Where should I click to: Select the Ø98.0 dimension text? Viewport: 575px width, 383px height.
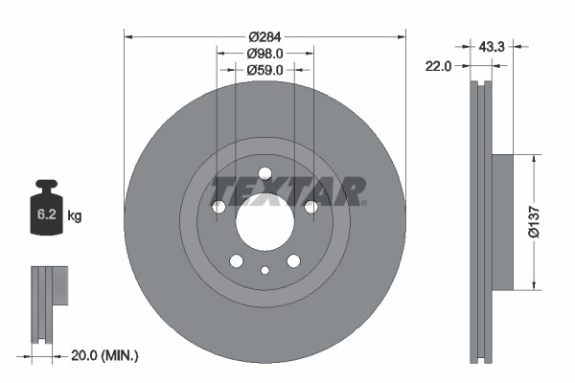pyautogui.click(x=264, y=53)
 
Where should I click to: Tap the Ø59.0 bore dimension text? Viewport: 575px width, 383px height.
pyautogui.click(x=264, y=69)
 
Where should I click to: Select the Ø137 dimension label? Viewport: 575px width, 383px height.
pyautogui.click(x=543, y=221)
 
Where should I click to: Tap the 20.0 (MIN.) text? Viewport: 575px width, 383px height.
pyautogui.click(x=105, y=355)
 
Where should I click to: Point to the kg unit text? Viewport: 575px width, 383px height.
pyautogui.click(x=74, y=216)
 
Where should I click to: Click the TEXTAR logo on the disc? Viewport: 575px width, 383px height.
pyautogui.click(x=287, y=191)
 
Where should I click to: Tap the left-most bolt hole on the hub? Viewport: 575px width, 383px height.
pyautogui.click(x=218, y=207)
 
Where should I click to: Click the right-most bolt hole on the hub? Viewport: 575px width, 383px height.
pyautogui.click(x=310, y=207)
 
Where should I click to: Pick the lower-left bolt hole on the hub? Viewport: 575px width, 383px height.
pyautogui.click(x=236, y=260)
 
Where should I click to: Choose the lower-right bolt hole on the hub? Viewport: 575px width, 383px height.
pyautogui.click(x=293, y=260)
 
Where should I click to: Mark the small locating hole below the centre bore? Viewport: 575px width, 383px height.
pyautogui.click(x=264, y=270)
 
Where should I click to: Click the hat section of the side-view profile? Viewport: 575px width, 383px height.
pyautogui.click(x=502, y=221)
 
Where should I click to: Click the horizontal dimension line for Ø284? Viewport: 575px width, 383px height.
pyautogui.click(x=192, y=36)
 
